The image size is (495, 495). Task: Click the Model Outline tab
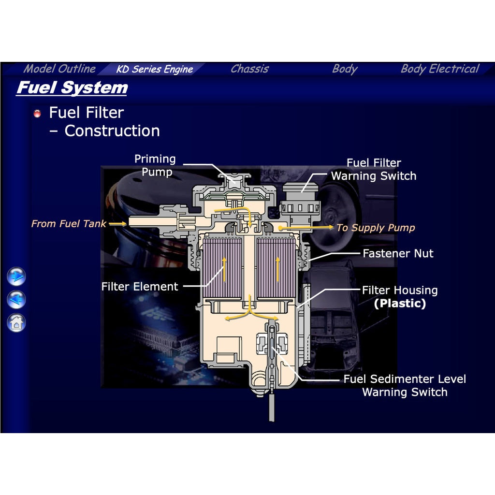tap(59, 69)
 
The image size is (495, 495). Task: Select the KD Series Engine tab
tap(154, 69)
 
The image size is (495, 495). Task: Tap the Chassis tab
tap(250, 69)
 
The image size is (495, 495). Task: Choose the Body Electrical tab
tap(440, 69)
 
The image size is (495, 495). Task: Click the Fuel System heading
tap(72, 88)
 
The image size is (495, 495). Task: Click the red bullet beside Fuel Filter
tap(37, 113)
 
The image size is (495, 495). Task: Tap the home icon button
tap(16, 322)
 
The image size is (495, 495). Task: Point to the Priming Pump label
tap(155, 165)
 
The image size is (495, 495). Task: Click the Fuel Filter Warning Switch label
tap(374, 170)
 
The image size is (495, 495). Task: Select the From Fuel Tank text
tap(69, 224)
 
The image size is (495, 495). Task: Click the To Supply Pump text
tap(376, 228)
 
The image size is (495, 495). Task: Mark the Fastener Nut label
tap(398, 253)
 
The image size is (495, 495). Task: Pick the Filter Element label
tap(140, 287)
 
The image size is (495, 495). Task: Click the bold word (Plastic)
tap(400, 304)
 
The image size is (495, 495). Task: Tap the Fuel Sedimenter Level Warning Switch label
tap(405, 385)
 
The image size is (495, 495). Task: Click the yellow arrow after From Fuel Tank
tap(118, 224)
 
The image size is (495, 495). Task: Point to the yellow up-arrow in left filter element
tap(224, 269)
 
